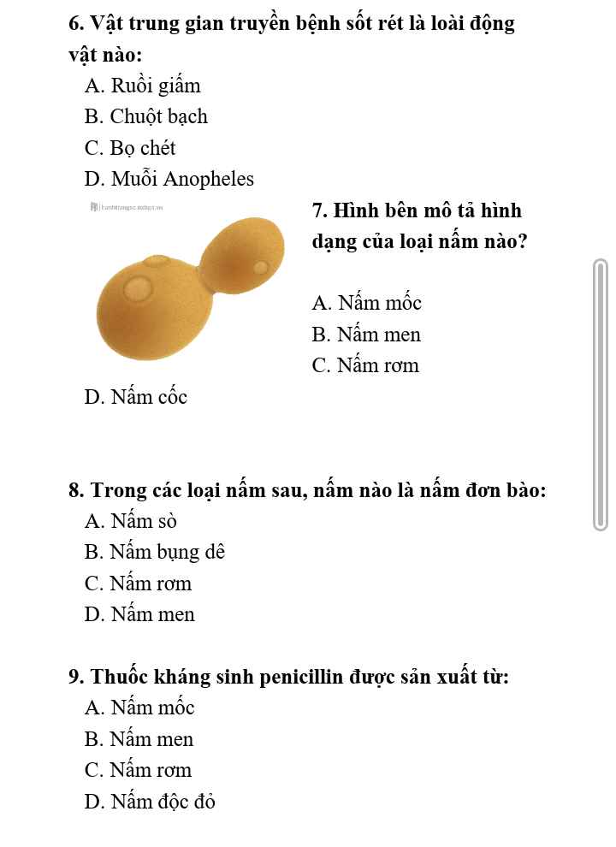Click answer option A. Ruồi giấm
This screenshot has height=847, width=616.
[x=142, y=86]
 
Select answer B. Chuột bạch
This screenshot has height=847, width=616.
[x=146, y=116]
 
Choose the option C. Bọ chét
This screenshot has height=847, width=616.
[x=130, y=148]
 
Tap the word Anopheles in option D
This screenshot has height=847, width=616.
[x=209, y=179]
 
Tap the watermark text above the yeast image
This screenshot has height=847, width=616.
[x=128, y=207]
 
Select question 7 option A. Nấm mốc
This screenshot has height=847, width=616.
[x=367, y=303]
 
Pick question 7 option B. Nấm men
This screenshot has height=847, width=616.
[x=366, y=335]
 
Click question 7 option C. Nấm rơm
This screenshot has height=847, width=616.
[x=365, y=365]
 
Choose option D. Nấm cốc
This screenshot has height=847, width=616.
[x=135, y=397]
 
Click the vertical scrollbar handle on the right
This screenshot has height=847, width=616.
[x=601, y=395]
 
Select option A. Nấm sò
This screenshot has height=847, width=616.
[x=130, y=521]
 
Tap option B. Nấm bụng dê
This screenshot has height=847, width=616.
[x=154, y=552]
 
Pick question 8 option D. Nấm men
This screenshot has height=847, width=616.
[x=139, y=614]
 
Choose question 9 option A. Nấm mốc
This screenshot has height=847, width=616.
[x=139, y=708]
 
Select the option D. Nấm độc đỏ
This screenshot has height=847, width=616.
[x=150, y=802]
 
